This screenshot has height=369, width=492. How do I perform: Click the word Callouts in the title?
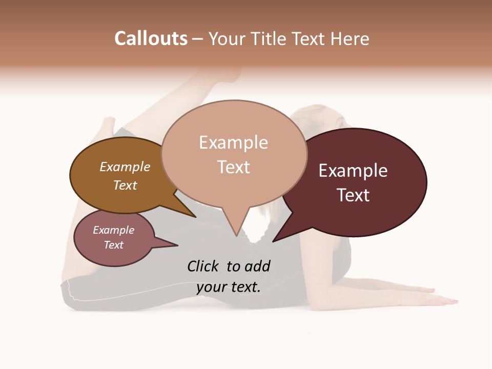pyautogui.click(x=151, y=38)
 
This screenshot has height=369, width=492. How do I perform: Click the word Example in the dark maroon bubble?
pyautogui.click(x=353, y=171)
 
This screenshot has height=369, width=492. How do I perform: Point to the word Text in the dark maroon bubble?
pyautogui.click(x=353, y=195)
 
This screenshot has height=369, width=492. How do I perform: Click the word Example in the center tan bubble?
pyautogui.click(x=233, y=142)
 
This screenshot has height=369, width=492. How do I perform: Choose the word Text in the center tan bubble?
pyautogui.click(x=234, y=167)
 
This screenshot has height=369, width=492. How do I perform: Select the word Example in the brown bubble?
pyautogui.click(x=125, y=167)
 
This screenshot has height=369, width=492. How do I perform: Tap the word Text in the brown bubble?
pyautogui.click(x=125, y=185)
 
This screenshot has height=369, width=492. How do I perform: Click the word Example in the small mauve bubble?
pyautogui.click(x=113, y=230)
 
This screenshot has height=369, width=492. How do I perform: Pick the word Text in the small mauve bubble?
pyautogui.click(x=113, y=245)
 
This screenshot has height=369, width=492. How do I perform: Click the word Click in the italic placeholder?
pyautogui.click(x=204, y=266)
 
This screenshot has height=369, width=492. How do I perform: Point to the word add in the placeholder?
pyautogui.click(x=258, y=266)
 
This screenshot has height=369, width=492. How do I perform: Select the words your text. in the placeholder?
pyautogui.click(x=229, y=287)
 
